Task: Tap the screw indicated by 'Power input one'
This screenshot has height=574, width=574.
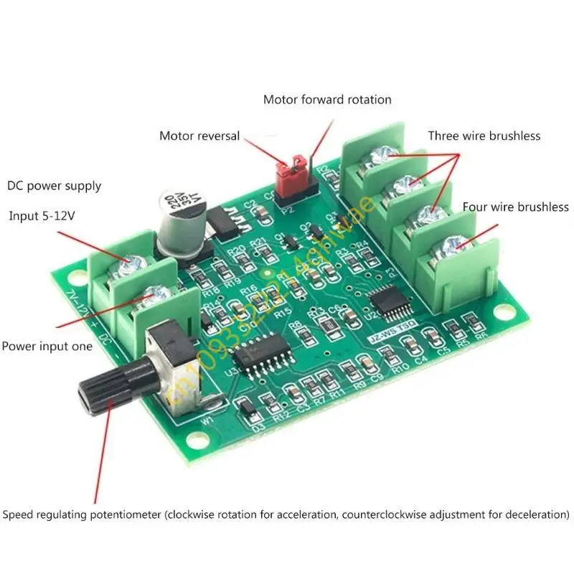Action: (153, 294)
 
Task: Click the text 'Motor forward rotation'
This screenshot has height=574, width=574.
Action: (327, 100)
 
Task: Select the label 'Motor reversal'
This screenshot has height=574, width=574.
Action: (199, 136)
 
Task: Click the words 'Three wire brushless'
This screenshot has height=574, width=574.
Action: (484, 136)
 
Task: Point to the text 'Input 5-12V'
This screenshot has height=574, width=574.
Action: (40, 216)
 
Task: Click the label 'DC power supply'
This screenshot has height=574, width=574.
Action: (55, 186)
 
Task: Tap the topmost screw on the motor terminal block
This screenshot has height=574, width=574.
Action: (380, 154)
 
